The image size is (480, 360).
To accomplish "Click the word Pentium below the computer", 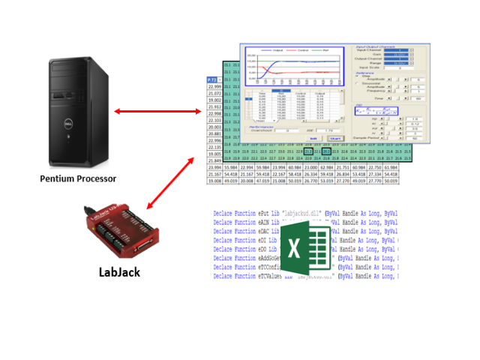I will (60, 178).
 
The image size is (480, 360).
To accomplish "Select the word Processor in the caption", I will (97, 178).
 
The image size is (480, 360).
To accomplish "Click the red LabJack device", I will (120, 228).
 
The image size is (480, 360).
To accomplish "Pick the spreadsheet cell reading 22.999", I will (214, 88).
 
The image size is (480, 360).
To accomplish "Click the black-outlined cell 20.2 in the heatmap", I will (325, 151).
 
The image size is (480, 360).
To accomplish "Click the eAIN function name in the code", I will (268, 222).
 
